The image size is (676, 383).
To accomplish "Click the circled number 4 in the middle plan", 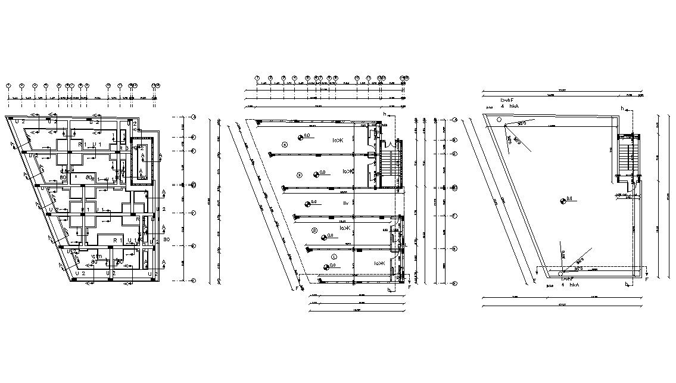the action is [x=285, y=145].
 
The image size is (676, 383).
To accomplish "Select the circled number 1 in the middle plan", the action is [x=334, y=257].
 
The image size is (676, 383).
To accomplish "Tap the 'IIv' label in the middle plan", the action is [x=345, y=204].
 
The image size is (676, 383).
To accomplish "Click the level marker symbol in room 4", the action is [x=301, y=136].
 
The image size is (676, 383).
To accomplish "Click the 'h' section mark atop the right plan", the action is [x=622, y=108].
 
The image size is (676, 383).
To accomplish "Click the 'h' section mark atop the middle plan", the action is [x=385, y=114].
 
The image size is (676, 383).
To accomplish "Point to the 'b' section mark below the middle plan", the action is [x=388, y=291].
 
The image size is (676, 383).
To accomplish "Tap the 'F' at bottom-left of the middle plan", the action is [x=296, y=288].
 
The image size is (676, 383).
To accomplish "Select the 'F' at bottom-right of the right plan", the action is [x=647, y=279].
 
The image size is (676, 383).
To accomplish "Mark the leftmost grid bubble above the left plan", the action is [x=9, y=86].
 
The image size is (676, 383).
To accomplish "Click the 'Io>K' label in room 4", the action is [x=338, y=141].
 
